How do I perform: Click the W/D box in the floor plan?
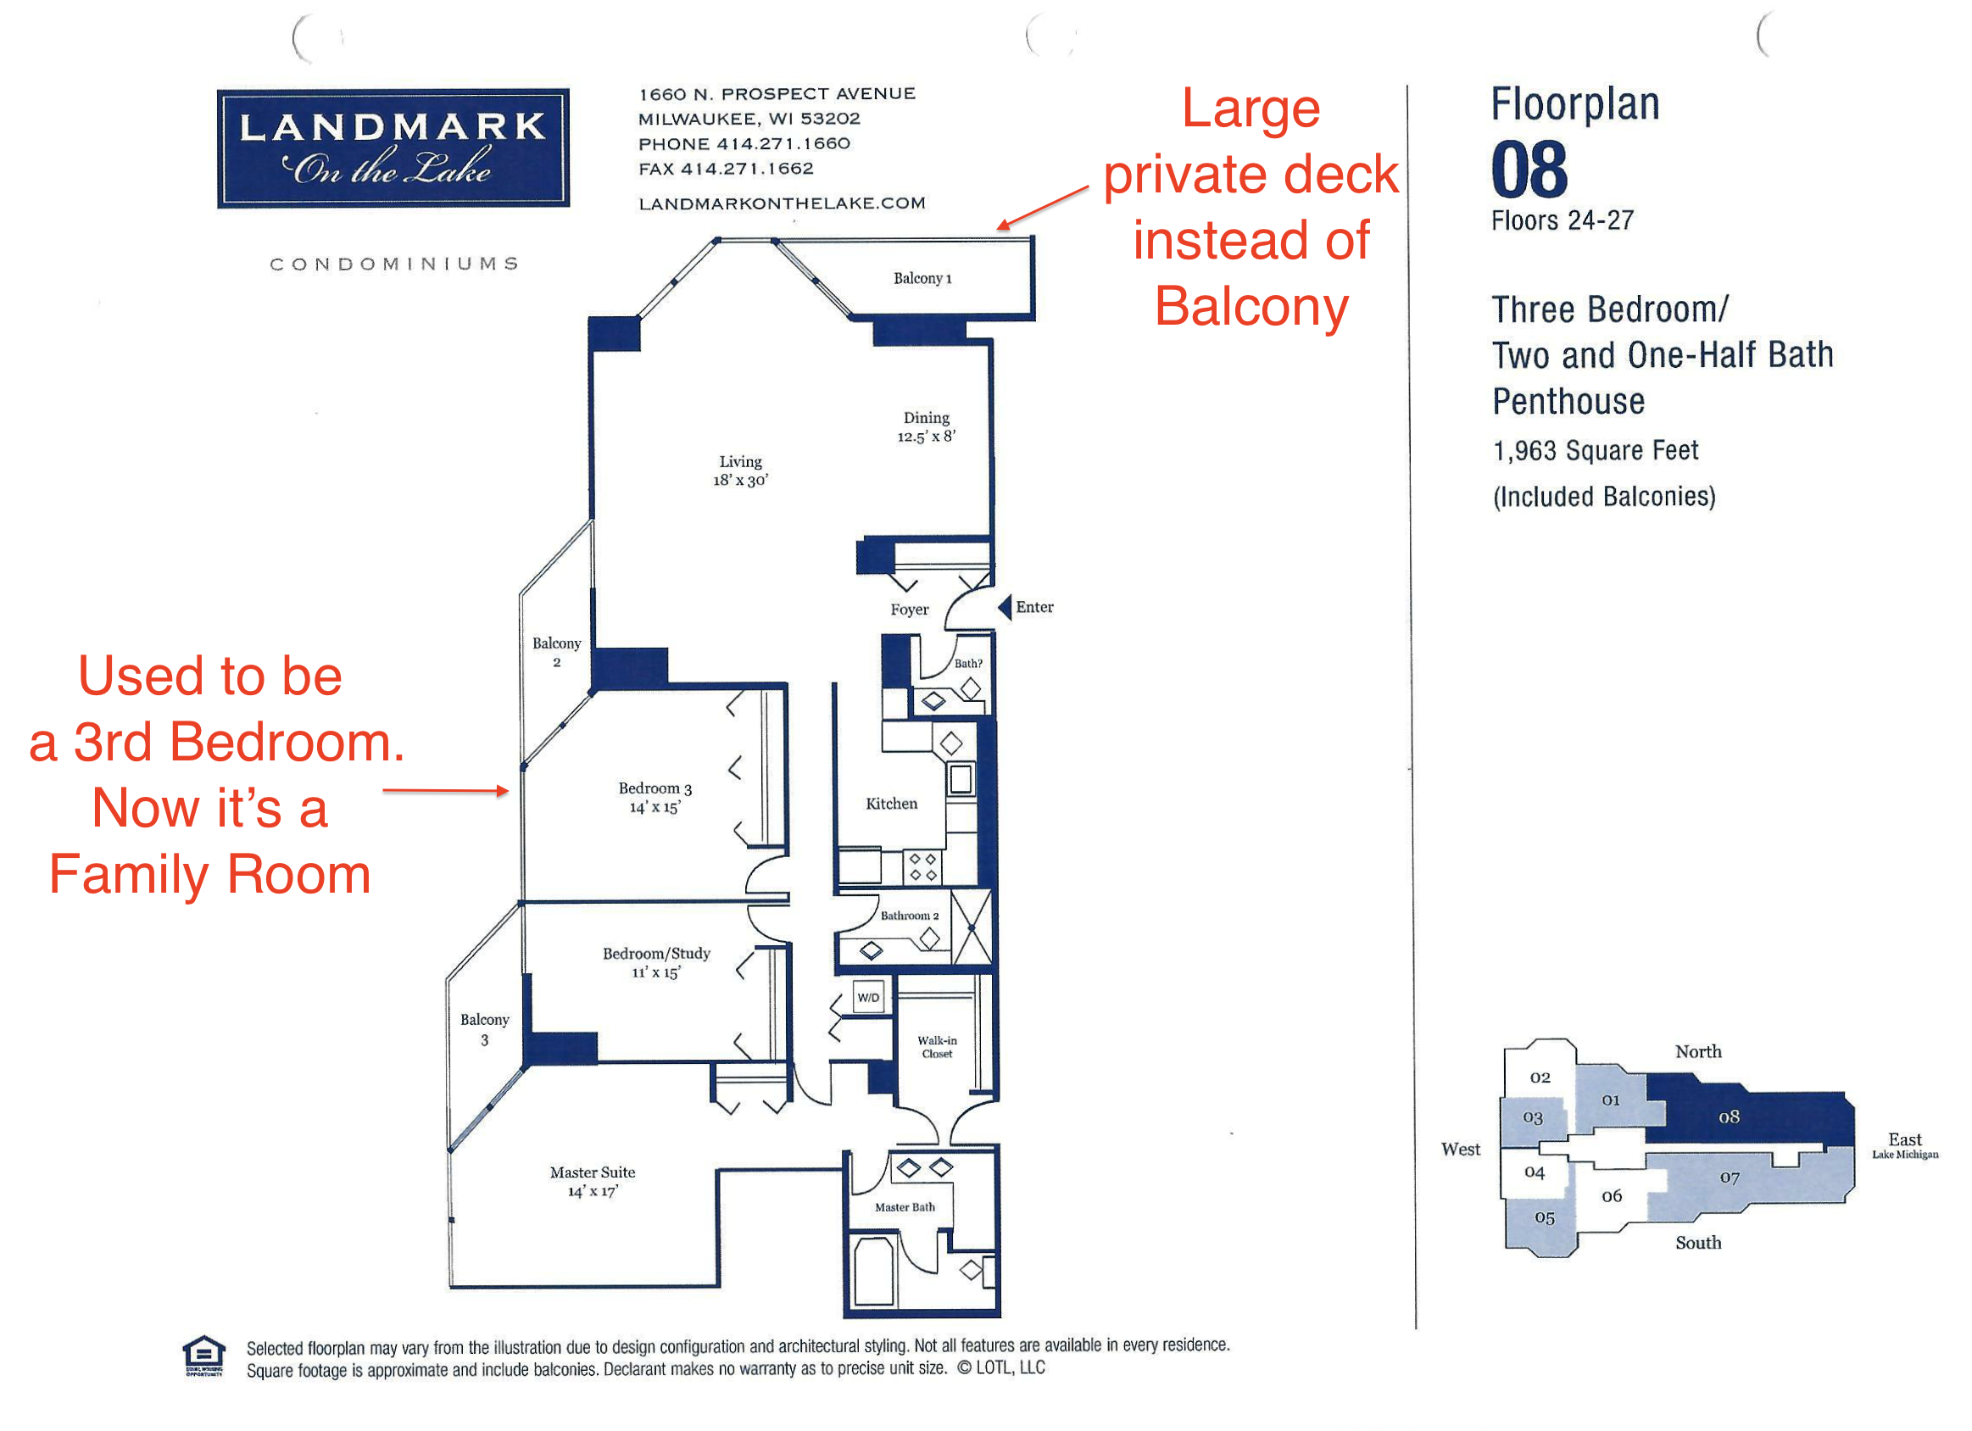click(868, 997)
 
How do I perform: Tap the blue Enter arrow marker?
click(1005, 607)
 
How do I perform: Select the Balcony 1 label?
click(922, 278)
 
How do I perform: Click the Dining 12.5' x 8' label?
click(926, 427)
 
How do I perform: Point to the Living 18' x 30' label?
click(740, 471)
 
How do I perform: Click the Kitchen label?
click(891, 804)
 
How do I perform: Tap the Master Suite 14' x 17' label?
click(592, 1181)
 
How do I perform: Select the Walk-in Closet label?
click(937, 1047)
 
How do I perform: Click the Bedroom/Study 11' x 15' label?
click(656, 961)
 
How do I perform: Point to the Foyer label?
click(909, 610)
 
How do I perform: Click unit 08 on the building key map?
click(1729, 1116)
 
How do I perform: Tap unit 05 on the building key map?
click(1544, 1217)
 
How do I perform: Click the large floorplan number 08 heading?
click(1529, 170)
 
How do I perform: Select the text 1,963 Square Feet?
click(1595, 450)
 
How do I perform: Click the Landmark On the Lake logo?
click(393, 148)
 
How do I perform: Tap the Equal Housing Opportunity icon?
click(203, 1356)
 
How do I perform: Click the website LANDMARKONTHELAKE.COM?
click(782, 203)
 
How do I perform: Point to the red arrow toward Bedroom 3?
click(445, 790)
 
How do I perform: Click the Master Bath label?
click(905, 1206)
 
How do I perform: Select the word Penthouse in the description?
click(1568, 402)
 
